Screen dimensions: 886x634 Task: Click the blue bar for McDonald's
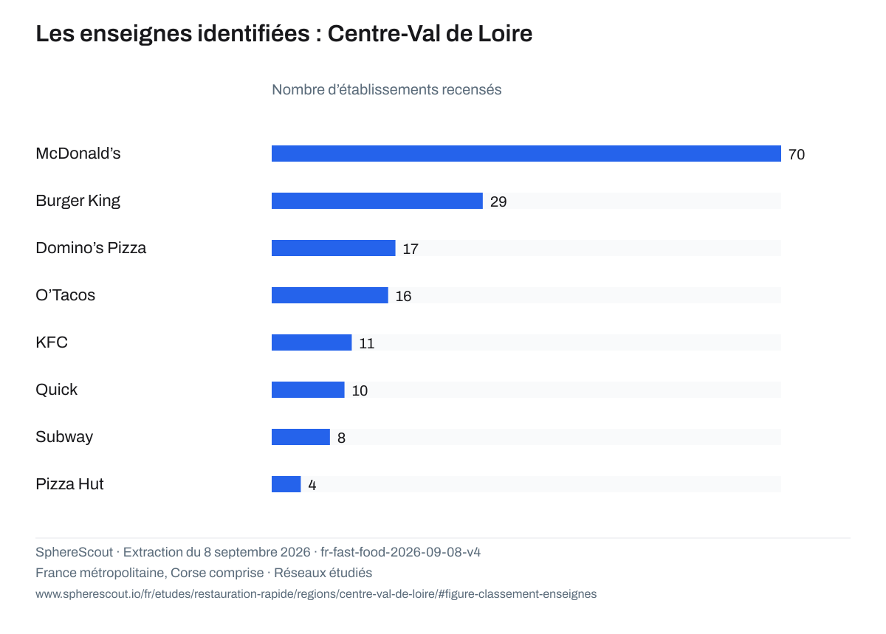pyautogui.click(x=526, y=154)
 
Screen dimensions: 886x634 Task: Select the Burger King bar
pyautogui.click(x=377, y=201)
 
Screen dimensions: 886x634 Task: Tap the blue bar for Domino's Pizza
pyautogui.click(x=334, y=248)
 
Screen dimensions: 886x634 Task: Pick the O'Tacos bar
pyautogui.click(x=330, y=295)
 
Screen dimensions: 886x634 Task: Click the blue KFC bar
pyautogui.click(x=312, y=342)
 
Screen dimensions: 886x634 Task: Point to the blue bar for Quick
pyautogui.click(x=308, y=390)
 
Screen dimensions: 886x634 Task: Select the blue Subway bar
pyautogui.click(x=301, y=437)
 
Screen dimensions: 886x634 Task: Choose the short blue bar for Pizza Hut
pyautogui.click(x=286, y=484)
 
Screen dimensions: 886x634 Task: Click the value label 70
pyautogui.click(x=797, y=154)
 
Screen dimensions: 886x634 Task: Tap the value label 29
pyautogui.click(x=498, y=201)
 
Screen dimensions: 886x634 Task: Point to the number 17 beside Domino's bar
pyautogui.click(x=411, y=249)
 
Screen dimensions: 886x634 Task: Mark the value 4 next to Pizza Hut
pyautogui.click(x=312, y=485)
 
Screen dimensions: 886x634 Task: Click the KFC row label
pyautogui.click(x=52, y=342)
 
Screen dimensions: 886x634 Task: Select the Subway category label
pyautogui.click(x=64, y=437)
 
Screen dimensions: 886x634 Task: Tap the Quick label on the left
pyautogui.click(x=56, y=390)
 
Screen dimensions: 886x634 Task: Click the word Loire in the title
pyautogui.click(x=505, y=33)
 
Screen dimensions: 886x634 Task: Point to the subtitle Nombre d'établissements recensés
pyautogui.click(x=386, y=90)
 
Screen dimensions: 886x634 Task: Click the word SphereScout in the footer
pyautogui.click(x=74, y=552)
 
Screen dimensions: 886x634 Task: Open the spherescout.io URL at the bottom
pyautogui.click(x=316, y=593)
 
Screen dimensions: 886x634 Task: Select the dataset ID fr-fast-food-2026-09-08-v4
pyautogui.click(x=400, y=552)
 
